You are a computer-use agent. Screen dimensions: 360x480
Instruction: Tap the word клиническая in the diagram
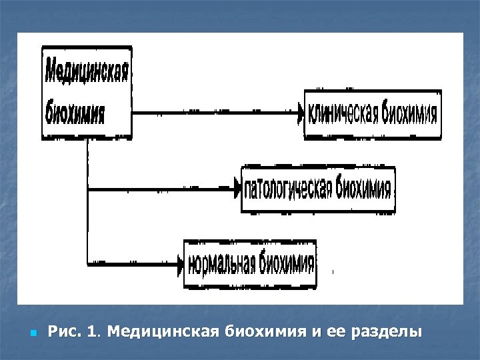[x=343, y=114]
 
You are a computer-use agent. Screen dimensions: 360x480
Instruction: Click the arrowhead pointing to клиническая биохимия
[x=300, y=114]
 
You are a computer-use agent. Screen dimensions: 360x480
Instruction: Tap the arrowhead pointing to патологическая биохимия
[x=237, y=190]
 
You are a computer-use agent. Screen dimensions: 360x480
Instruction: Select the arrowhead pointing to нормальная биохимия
[x=180, y=265]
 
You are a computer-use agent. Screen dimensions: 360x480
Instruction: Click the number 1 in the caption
[x=91, y=331]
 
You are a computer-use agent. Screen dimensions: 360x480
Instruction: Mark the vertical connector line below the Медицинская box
[x=87, y=200]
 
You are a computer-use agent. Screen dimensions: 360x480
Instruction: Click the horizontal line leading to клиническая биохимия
[x=213, y=114]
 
